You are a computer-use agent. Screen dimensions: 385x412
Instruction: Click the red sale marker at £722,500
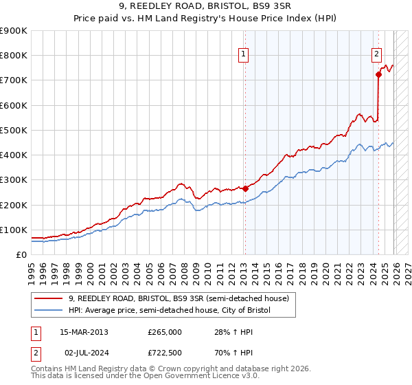378,75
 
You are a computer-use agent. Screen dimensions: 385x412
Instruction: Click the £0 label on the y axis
21,254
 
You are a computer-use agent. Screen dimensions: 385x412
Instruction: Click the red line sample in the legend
49,298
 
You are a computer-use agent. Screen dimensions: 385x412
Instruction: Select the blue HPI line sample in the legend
49,311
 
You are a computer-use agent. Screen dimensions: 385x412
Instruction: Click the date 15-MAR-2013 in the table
84,332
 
